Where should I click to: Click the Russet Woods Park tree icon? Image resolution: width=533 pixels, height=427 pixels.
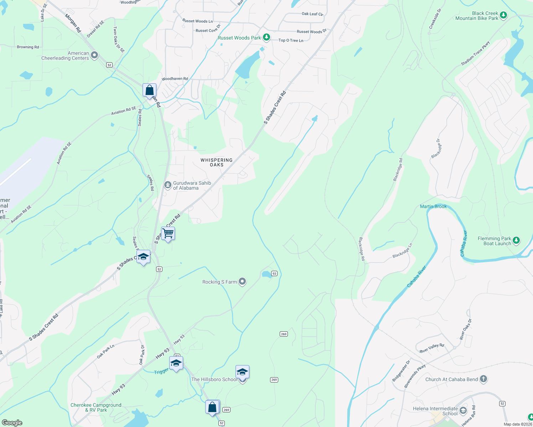coord(266,37)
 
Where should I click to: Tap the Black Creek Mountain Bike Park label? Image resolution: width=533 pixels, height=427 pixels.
coord(477,16)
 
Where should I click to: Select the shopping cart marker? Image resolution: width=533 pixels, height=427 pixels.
coord(168,233)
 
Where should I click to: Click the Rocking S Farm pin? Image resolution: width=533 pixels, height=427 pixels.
coord(242,282)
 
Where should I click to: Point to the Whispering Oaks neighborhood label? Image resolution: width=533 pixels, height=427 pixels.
coord(216,162)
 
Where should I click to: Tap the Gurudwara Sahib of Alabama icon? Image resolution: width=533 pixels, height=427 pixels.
coord(167,185)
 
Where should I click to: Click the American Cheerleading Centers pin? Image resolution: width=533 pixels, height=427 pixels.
coord(94,55)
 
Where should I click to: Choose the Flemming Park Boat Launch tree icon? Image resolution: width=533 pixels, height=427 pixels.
coord(516,241)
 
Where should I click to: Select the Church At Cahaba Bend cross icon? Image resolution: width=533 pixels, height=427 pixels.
coord(483,379)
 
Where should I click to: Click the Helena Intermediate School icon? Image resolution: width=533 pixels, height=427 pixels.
coord(463,411)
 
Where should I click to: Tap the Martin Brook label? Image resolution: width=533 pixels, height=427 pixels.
coord(433,206)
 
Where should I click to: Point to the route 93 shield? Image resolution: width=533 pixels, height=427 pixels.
coord(274,273)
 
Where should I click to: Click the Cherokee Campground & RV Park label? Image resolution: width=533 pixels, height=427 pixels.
coord(96,407)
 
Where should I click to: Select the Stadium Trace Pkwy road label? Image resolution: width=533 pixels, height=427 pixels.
coord(475,53)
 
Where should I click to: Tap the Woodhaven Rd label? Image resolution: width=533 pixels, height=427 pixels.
coord(175,79)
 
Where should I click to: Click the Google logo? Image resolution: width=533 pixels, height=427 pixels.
coord(12,422)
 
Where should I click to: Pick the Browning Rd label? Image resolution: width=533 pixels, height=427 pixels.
coord(28,47)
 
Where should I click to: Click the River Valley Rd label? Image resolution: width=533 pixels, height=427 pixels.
coord(432,348)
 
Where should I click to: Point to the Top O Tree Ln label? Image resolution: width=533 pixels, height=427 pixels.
coord(291,40)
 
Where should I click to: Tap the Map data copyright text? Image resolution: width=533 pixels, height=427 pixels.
coord(518,424)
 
